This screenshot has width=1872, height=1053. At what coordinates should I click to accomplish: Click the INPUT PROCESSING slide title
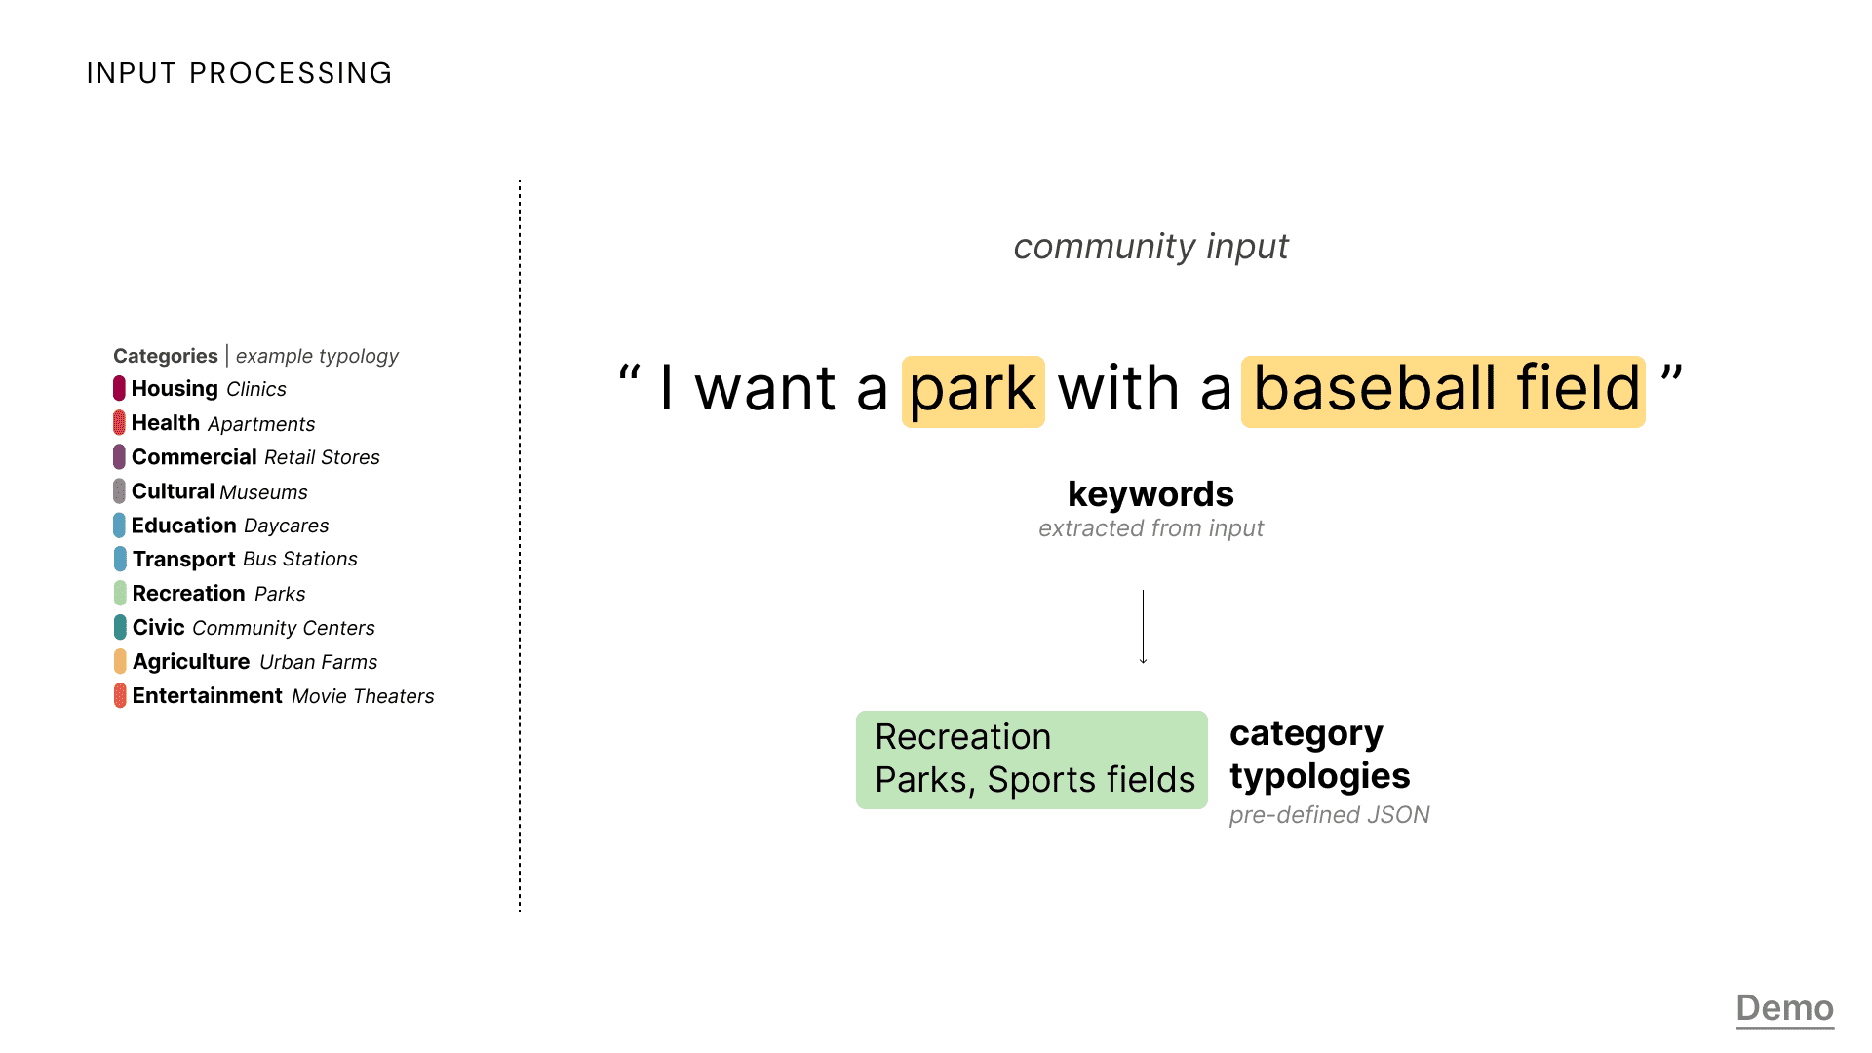tap(239, 73)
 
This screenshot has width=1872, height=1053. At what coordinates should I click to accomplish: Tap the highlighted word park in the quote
tap(973, 391)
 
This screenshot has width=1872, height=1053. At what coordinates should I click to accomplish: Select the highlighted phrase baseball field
tap(1443, 391)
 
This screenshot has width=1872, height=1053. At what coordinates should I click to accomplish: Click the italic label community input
tap(1150, 247)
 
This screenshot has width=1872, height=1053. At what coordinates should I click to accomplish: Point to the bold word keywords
tap(1150, 494)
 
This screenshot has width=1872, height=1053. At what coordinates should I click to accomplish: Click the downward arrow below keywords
tap(1144, 627)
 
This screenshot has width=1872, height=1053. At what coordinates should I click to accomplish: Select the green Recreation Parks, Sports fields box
tap(1032, 760)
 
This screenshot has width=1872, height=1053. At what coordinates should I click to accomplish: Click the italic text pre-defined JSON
tap(1329, 815)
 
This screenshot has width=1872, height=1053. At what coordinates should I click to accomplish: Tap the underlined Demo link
tap(1785, 1008)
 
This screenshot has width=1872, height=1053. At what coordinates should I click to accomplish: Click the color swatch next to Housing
tap(119, 388)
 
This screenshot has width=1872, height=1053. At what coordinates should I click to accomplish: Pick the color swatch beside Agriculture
tap(120, 661)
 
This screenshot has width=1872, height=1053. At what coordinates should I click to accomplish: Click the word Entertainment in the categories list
tap(208, 696)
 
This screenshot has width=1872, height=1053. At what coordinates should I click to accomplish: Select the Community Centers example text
tap(284, 628)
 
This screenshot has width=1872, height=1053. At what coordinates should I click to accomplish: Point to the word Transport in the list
tap(184, 560)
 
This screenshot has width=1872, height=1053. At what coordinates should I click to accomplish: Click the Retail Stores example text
tap(322, 457)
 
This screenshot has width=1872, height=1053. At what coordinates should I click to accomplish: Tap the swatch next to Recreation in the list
tap(120, 593)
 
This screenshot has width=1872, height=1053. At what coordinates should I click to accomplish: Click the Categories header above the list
tap(166, 356)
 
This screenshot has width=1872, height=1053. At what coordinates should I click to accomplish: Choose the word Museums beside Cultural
tap(263, 492)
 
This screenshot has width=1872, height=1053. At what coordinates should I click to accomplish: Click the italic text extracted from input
tap(1150, 528)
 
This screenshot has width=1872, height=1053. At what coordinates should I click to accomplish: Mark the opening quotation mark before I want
tap(630, 374)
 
